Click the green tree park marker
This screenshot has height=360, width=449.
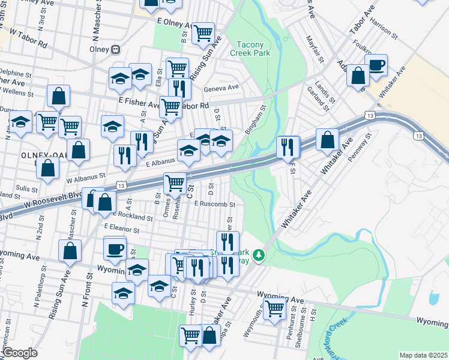pyautogui.click(x=259, y=256)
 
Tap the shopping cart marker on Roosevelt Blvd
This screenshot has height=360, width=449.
pyautogui.click(x=174, y=182)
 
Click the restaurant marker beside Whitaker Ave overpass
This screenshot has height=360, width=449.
pyautogui.click(x=288, y=146)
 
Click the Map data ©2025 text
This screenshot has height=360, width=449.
pyautogui.click(x=423, y=355)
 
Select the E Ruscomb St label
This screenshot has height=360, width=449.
pyautogui.click(x=214, y=204)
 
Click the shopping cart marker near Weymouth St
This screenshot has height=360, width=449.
pyautogui.click(x=274, y=308)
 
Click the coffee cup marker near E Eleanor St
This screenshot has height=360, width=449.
pyautogui.click(x=115, y=247)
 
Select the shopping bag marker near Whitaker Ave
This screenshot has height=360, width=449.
pyautogui.click(x=327, y=140)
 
